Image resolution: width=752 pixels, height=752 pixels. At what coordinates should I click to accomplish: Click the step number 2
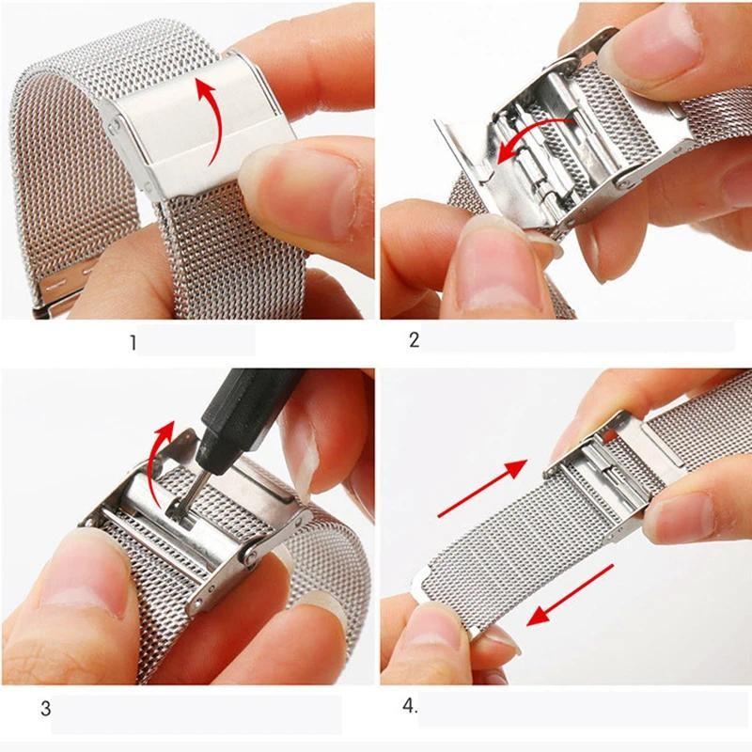[x=414, y=340]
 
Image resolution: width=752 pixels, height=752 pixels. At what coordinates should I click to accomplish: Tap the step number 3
[x=45, y=707]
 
